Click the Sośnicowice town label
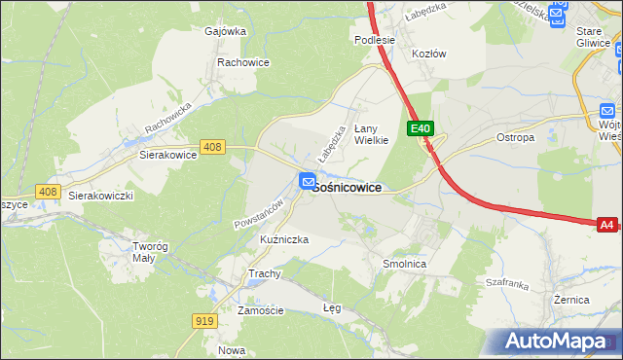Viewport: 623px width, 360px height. pos(348,187)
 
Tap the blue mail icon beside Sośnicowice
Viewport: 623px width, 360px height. pos(307,181)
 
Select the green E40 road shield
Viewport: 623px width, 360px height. pos(420,128)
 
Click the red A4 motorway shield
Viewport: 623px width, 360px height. pos(606,225)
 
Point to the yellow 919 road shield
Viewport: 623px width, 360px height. pos(204,320)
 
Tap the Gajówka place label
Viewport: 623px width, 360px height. pos(225,30)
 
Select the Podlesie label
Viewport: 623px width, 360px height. pos(374,40)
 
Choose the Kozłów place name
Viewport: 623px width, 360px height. pos(428,54)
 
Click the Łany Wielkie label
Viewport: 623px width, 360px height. pos(371,133)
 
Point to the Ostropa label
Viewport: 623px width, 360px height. pos(515,137)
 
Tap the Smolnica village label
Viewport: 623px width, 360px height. pos(405,264)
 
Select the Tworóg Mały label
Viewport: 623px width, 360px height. pos(151,251)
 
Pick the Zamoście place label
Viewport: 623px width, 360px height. pos(260,310)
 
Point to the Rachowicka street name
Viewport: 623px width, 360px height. pos(170,118)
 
